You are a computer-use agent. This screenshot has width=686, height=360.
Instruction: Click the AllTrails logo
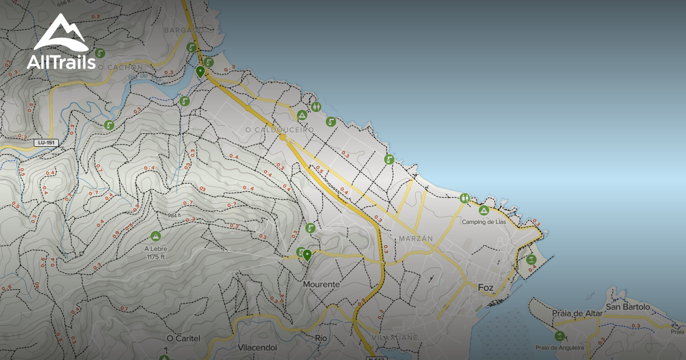[61, 43]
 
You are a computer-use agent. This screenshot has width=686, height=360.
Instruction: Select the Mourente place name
[321, 284]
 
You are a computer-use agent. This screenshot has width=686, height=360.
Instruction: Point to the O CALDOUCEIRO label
[280, 130]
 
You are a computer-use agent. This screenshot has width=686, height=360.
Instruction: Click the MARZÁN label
[416, 238]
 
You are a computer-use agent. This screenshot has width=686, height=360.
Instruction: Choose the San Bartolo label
[628, 307]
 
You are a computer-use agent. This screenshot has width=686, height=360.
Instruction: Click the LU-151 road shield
[46, 142]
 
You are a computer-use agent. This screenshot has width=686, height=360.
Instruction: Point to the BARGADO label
[184, 30]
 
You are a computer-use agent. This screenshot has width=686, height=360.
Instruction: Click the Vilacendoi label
[257, 347]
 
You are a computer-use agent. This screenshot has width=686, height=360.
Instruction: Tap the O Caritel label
[184, 338]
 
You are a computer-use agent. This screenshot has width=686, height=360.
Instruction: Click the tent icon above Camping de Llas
[484, 211]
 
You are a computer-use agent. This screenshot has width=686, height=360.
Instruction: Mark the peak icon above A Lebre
[155, 235]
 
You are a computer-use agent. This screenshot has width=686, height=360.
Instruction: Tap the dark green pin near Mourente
[307, 255]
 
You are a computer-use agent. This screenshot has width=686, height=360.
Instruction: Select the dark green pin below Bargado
[200, 72]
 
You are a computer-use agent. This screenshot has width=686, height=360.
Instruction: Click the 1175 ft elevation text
[155, 257]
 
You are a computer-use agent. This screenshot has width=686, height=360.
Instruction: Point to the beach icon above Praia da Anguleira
[559, 335]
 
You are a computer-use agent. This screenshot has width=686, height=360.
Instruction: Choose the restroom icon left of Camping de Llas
[465, 198]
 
